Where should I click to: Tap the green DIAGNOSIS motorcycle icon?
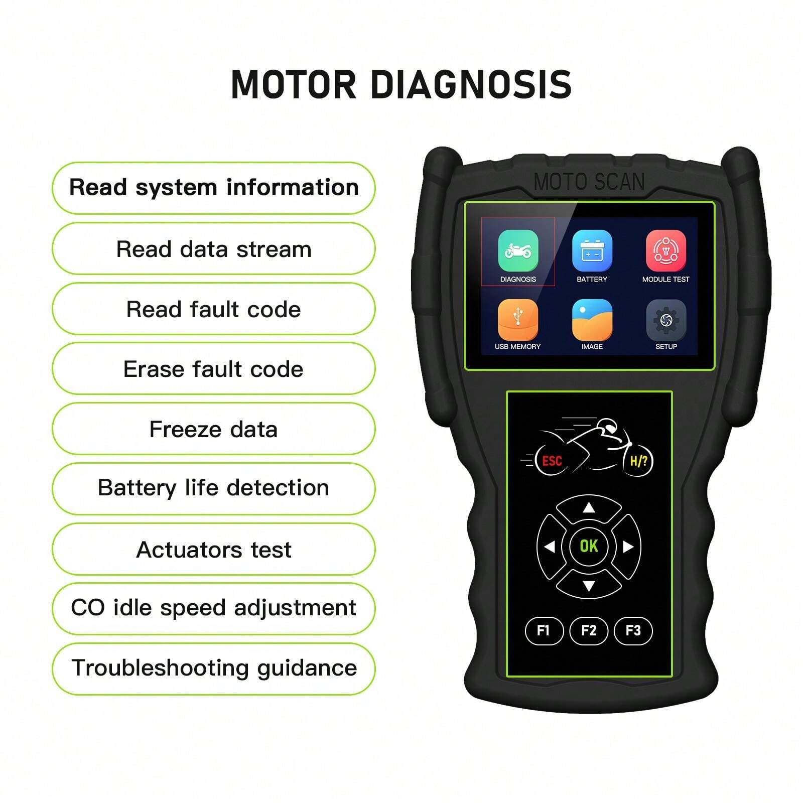click(518, 250)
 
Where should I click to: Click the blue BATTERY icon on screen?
click(592, 250)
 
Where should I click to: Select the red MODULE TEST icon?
click(665, 250)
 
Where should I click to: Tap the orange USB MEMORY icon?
click(518, 320)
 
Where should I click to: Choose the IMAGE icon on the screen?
click(592, 320)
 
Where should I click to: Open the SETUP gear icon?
click(665, 320)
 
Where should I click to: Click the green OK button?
click(589, 546)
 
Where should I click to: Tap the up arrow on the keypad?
click(589, 508)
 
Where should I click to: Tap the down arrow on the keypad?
click(589, 585)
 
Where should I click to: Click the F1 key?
click(544, 630)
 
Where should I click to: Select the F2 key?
click(589, 630)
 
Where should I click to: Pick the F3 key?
click(633, 630)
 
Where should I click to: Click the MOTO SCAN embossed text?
click(589, 182)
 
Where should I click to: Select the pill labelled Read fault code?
click(213, 309)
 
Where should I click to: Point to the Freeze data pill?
click(213, 429)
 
